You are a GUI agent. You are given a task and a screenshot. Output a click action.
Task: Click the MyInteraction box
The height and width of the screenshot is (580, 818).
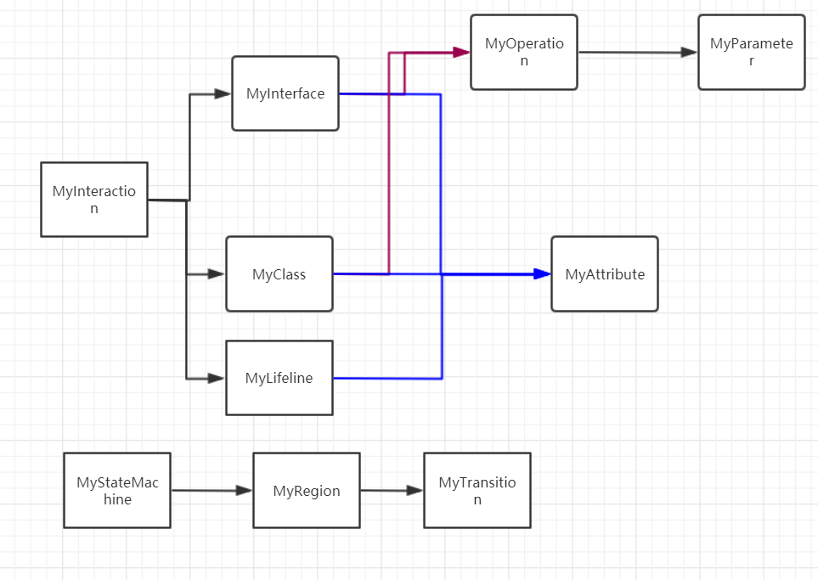click(x=94, y=200)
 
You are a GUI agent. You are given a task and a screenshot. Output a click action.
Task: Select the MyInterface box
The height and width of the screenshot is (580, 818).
click(x=285, y=93)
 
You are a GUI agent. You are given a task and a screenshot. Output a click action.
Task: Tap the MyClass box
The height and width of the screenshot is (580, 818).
click(x=279, y=274)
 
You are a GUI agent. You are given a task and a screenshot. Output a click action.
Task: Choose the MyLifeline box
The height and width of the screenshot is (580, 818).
click(x=279, y=378)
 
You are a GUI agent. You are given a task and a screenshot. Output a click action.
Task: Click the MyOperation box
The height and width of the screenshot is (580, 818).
click(x=524, y=52)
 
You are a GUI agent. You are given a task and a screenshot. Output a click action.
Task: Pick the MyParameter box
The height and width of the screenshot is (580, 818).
click(x=751, y=52)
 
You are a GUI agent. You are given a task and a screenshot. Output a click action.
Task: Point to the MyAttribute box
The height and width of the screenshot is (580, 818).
click(x=605, y=274)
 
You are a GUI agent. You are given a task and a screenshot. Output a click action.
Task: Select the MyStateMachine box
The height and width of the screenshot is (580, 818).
click(x=116, y=491)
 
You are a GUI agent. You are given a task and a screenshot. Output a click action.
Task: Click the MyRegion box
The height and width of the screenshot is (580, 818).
click(x=307, y=491)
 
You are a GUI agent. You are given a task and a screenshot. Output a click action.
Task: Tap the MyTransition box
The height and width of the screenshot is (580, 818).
click(x=477, y=491)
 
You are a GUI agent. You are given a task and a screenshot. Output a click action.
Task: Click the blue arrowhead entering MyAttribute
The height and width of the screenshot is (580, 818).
click(x=542, y=273)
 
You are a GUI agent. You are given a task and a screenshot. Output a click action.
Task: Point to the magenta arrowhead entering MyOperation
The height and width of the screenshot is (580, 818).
click(x=461, y=53)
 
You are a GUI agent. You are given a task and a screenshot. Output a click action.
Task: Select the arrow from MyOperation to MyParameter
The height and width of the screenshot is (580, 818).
click(x=637, y=53)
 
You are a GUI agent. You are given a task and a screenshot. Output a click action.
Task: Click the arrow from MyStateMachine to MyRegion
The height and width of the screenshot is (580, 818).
click(x=212, y=491)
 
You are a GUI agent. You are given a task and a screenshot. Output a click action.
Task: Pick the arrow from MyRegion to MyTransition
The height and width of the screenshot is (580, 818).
click(x=392, y=491)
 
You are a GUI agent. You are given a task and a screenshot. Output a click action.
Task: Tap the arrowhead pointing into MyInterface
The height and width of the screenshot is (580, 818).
click(x=223, y=93)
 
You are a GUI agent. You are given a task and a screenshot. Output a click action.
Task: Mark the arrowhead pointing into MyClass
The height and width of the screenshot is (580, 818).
click(x=217, y=274)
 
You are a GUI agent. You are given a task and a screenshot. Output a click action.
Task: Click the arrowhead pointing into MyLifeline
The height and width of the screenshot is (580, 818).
click(x=217, y=378)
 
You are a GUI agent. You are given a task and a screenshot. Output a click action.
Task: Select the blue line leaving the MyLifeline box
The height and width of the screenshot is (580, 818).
click(x=386, y=378)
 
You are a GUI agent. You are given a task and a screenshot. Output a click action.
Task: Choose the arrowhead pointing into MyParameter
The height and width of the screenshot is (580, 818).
click(x=689, y=53)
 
